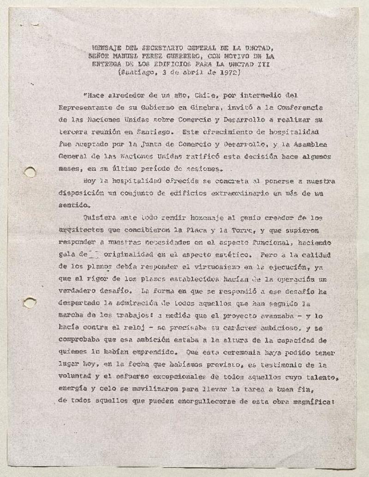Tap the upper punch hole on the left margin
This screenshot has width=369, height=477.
pos(30,172)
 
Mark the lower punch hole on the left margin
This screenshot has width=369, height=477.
pos(30,303)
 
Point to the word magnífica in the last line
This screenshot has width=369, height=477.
pos(315,401)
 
